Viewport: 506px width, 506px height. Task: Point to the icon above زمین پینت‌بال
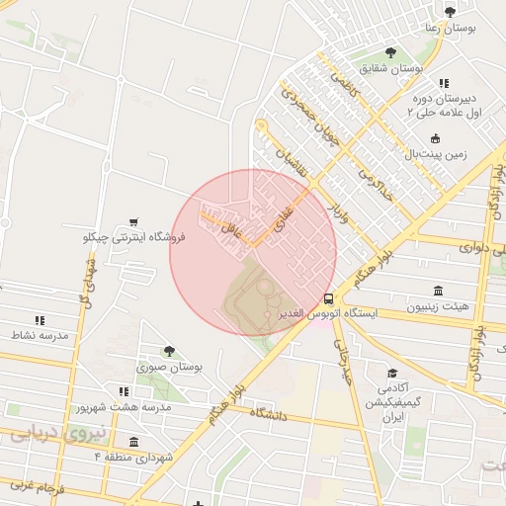click(x=436, y=138)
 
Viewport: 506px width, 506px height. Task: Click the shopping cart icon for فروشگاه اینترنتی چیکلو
click(x=133, y=223)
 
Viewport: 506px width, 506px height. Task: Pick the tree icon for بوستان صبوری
click(x=169, y=351)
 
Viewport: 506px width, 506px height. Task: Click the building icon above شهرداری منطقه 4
click(x=134, y=441)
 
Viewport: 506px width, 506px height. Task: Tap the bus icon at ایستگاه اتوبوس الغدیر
click(x=328, y=298)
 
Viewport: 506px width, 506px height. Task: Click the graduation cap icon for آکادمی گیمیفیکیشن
click(x=392, y=374)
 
